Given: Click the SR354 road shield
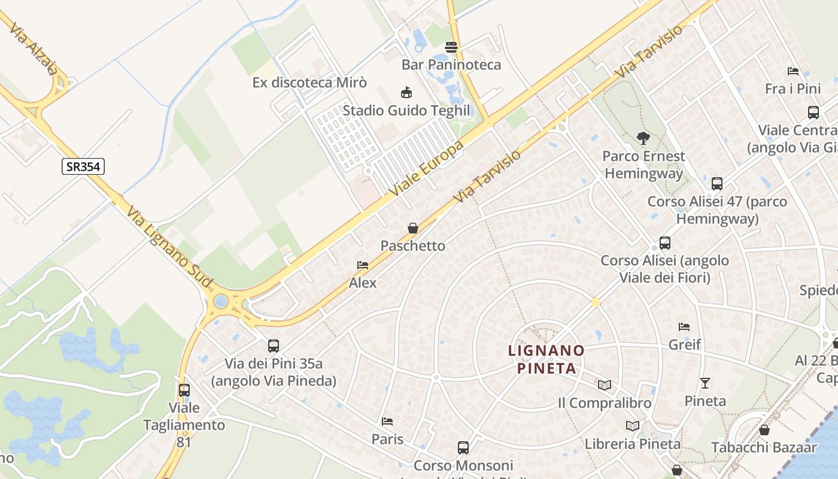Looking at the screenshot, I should pos(83,166).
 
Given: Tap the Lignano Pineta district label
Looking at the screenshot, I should pos(546,359).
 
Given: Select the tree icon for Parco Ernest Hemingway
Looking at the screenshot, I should pos(643,138).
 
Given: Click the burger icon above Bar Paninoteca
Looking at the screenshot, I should pos(451,47).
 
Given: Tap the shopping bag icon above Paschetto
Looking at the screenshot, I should pos(413,228).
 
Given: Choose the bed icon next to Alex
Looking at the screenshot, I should pos(363,265).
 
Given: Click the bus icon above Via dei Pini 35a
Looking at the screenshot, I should pos(274,345).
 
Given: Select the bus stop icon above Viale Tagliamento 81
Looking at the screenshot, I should pos(184,390).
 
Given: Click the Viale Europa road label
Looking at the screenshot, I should pos(426,168).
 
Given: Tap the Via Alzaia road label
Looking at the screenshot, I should pos(34,48).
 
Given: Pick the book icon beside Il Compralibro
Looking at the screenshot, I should pos(605,385).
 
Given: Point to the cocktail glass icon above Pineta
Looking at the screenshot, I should pos(705,383).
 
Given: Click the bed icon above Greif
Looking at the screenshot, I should pos(684,327).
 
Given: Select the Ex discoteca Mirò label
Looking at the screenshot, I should pos(309,82).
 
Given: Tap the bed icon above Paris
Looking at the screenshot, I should pos(387,422).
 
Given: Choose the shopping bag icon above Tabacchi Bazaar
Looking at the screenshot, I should pos(764,430).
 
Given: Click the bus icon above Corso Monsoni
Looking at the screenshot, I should pos(463,447).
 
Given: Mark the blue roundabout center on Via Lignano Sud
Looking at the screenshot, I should pos(221,301).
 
